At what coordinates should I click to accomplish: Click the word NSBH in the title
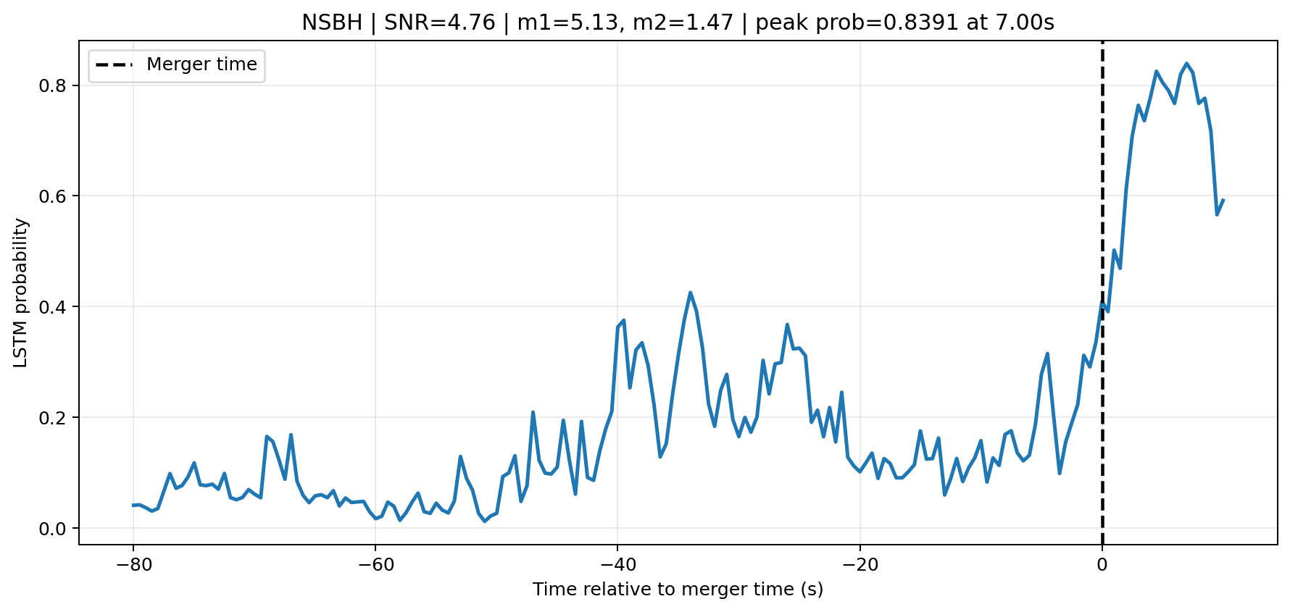pos(331,23)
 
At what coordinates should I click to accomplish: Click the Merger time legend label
pos(201,64)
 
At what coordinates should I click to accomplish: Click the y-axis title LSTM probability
pos(21,293)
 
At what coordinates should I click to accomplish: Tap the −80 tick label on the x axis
pos(133,565)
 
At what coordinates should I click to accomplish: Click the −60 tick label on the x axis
pos(375,565)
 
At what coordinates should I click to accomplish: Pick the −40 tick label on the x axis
pos(617,565)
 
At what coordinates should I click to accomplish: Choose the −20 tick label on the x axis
pos(860,565)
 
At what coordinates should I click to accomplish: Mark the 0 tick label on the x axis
pos(1102,565)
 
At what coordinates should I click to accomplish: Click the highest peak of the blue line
pos(1186,64)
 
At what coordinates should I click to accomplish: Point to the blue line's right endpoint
pos(1223,201)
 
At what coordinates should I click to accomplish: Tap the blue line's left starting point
pos(133,505)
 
